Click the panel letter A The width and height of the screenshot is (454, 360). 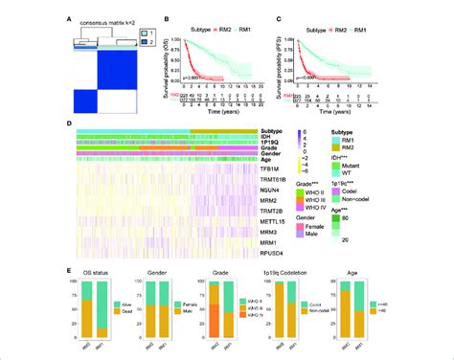point(65,14)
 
